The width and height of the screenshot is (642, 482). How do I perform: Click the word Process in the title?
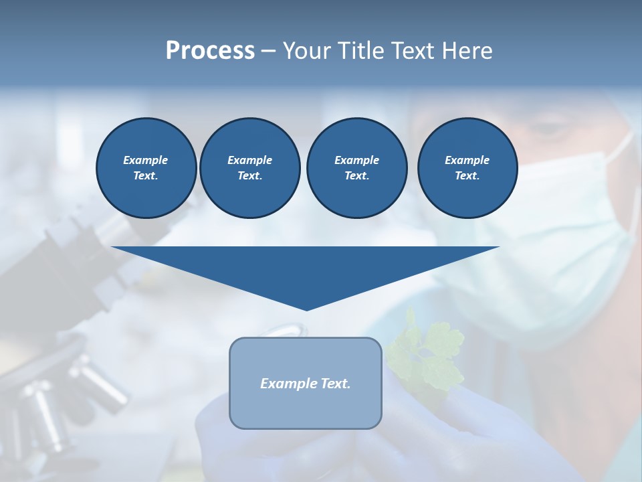click(210, 51)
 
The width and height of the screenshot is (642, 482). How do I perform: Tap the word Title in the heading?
click(360, 51)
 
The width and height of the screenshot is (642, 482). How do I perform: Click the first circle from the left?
click(146, 168)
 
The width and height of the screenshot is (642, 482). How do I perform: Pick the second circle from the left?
click(249, 168)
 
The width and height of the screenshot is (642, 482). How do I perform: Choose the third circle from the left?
click(356, 168)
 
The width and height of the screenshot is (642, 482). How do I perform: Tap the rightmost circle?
click(467, 168)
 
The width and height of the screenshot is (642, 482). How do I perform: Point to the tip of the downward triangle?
click(306, 309)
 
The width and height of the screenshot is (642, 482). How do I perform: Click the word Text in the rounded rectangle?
click(336, 384)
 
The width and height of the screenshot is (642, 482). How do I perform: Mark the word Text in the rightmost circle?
click(467, 176)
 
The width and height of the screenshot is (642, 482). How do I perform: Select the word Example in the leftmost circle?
click(146, 160)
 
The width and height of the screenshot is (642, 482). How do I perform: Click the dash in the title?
click(268, 51)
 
